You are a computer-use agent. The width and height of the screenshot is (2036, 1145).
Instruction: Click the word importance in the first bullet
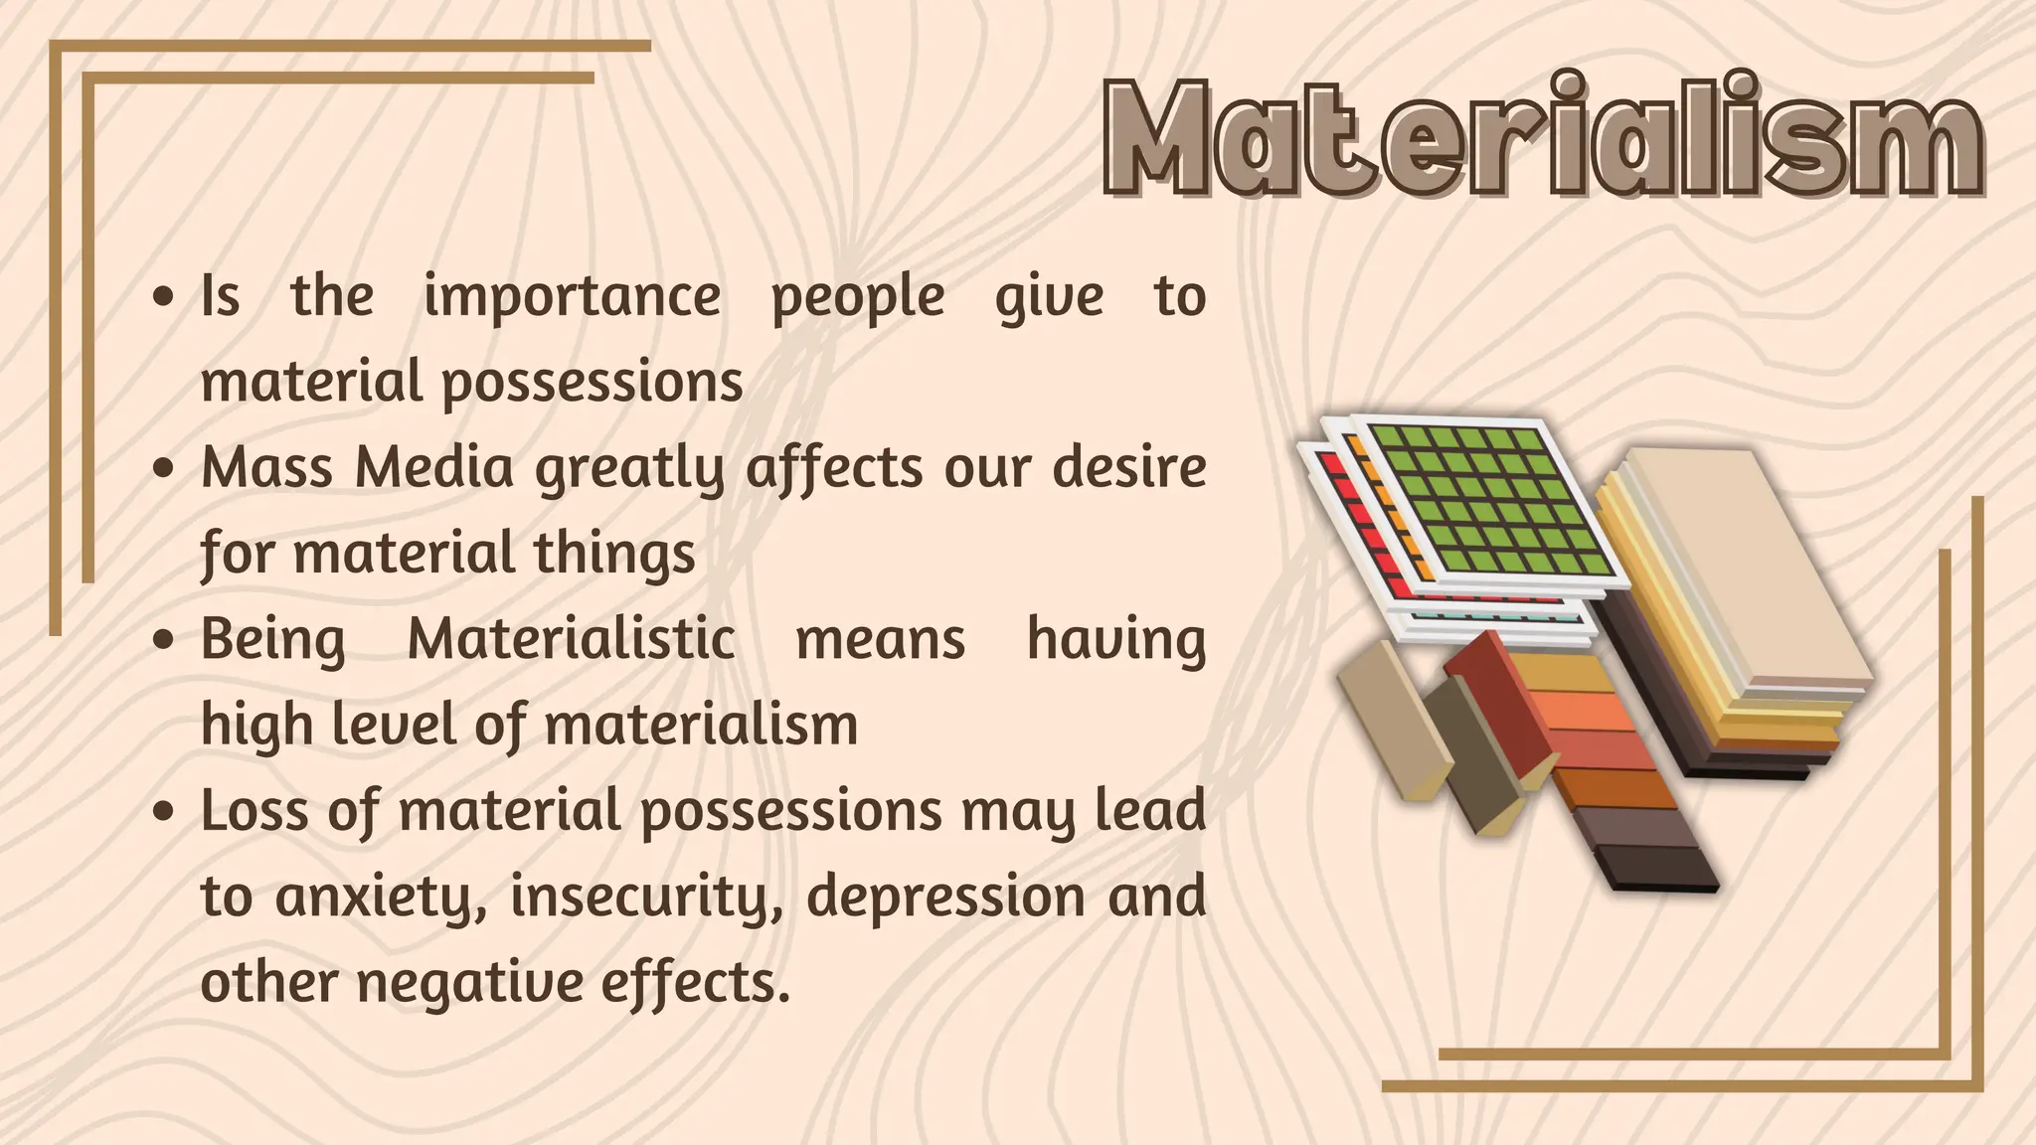pyautogui.click(x=572, y=296)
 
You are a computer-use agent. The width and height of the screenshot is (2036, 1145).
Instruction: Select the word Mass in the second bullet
pyautogui.click(x=265, y=467)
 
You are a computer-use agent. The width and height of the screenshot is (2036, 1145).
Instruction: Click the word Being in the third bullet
pyautogui.click(x=273, y=640)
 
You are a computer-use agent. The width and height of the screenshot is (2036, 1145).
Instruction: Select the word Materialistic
pyautogui.click(x=571, y=639)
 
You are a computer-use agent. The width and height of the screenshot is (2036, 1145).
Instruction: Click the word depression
pyautogui.click(x=945, y=898)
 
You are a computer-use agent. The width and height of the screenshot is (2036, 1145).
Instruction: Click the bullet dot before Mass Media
pyautogui.click(x=165, y=468)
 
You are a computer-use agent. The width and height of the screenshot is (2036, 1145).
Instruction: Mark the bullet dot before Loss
pyautogui.click(x=165, y=811)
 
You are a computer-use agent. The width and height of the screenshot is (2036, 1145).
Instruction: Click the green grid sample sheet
pyautogui.click(x=1485, y=502)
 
